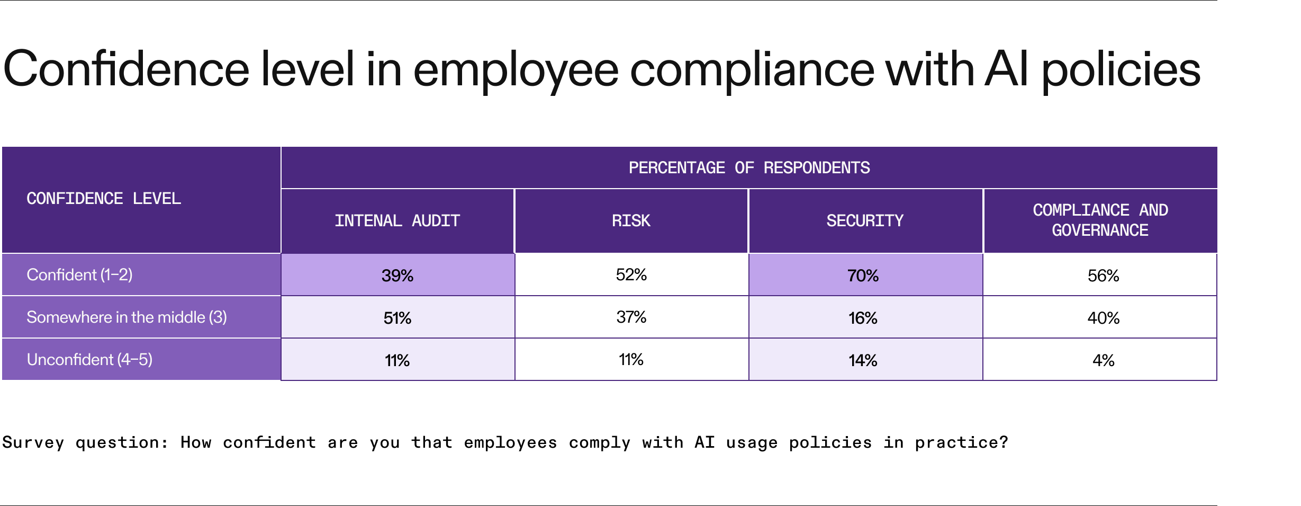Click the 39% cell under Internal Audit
tap(397, 276)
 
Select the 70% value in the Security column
tap(863, 276)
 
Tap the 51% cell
tap(397, 318)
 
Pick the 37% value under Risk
tap(631, 317)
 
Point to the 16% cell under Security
tap(863, 318)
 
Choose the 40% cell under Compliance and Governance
tap(1103, 318)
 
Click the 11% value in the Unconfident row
tap(397, 360)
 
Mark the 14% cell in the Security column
tap(863, 360)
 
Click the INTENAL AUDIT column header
tap(397, 220)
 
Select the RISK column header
tap(631, 220)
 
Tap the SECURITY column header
tap(865, 220)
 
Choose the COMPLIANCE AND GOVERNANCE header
tap(1100, 220)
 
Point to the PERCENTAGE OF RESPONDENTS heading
tap(749, 167)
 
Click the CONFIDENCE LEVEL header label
tap(104, 198)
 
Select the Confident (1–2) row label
tap(79, 274)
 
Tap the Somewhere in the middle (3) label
tap(127, 317)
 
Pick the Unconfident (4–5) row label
tap(89, 359)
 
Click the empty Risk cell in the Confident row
tap(631, 274)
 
